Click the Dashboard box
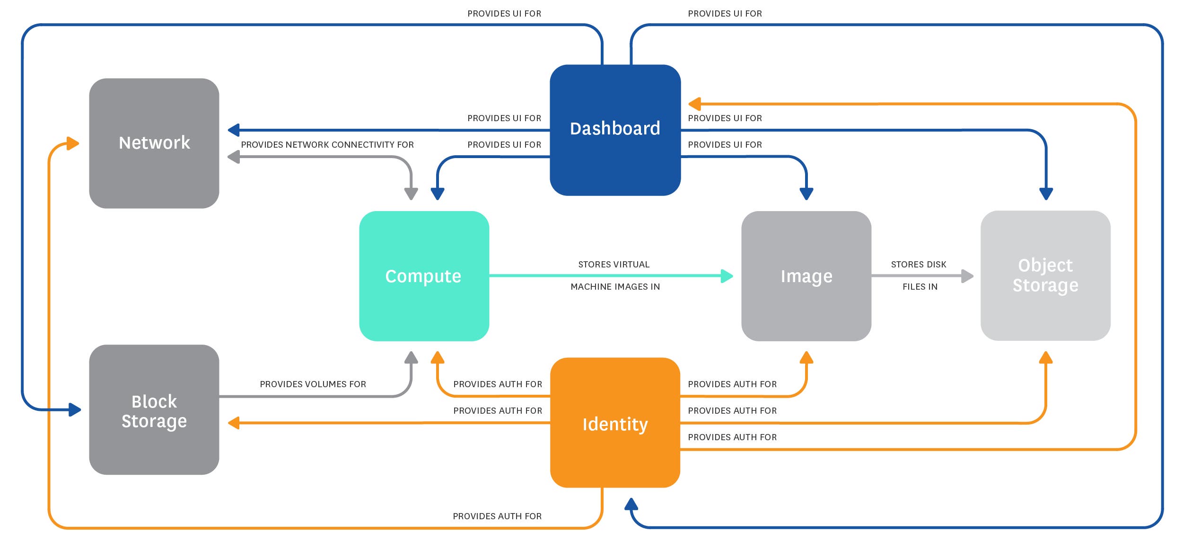click(615, 130)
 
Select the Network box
click(154, 143)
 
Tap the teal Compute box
click(424, 276)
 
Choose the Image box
click(806, 276)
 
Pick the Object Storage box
click(1045, 275)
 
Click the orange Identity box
click(615, 423)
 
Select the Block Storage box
click(154, 410)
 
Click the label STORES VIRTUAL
click(613, 265)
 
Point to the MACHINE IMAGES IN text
click(615, 287)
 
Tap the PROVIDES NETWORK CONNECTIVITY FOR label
click(327, 145)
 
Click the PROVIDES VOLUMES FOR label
click(313, 384)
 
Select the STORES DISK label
click(918, 265)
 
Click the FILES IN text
click(920, 287)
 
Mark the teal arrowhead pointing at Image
click(727, 276)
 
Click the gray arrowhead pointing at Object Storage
click(967, 276)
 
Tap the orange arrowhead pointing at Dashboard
click(694, 104)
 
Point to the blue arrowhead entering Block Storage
click(75, 409)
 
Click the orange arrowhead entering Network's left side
click(72, 143)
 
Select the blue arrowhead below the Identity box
click(631, 505)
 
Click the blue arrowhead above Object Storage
click(1046, 194)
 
